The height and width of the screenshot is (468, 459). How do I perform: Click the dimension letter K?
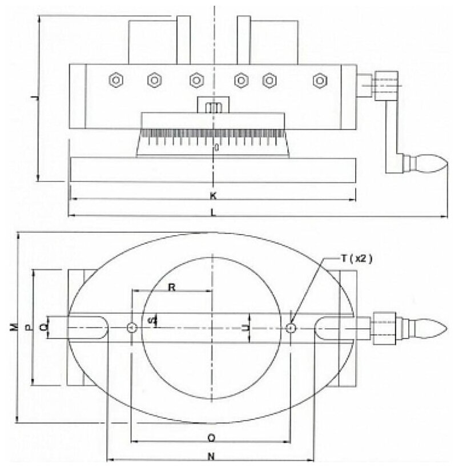click(212, 196)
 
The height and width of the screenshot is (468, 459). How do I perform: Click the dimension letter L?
click(212, 212)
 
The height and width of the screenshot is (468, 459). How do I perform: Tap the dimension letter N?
click(211, 455)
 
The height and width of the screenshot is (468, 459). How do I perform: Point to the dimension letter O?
click(211, 437)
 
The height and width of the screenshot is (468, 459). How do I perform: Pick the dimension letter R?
click(171, 287)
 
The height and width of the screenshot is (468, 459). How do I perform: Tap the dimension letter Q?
click(44, 328)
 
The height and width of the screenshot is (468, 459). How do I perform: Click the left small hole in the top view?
click(132, 328)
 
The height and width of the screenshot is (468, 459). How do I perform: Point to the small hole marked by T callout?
click(291, 328)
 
